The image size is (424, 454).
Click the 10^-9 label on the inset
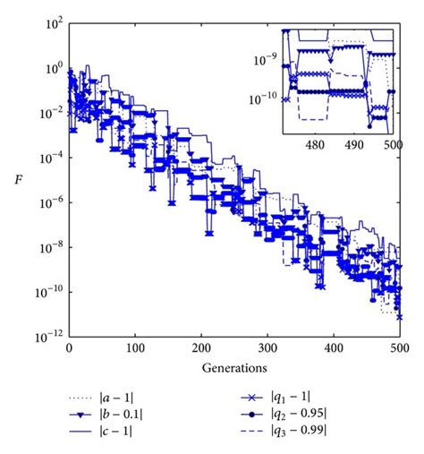tap(264, 59)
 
